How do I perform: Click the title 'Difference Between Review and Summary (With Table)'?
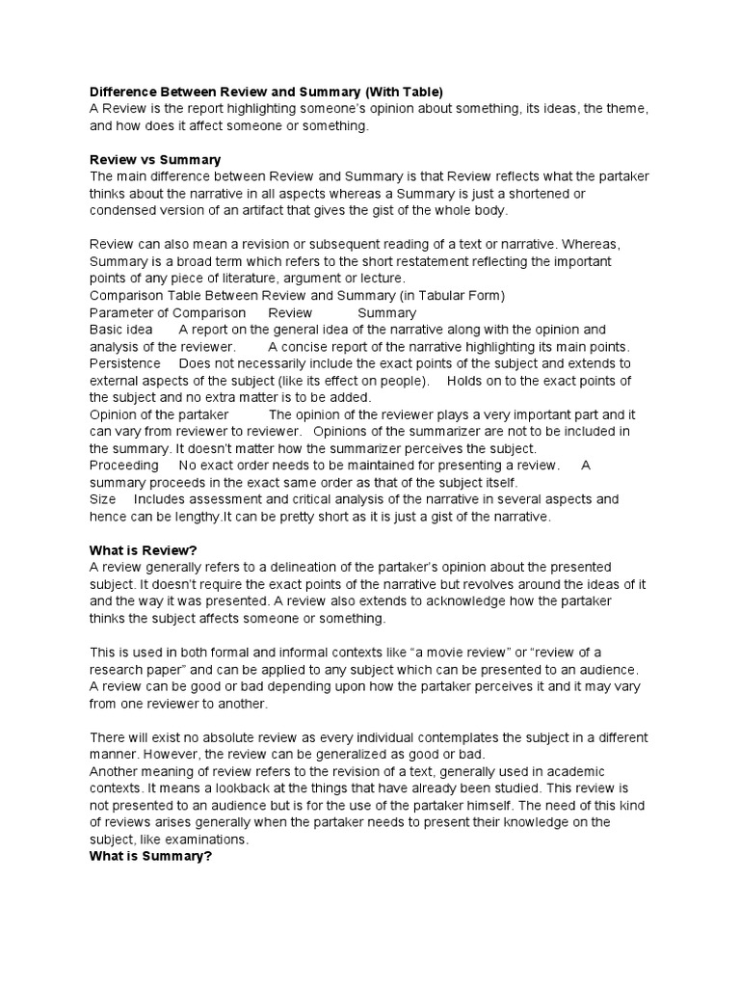pyautogui.click(x=266, y=93)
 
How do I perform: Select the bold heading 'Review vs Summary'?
pyautogui.click(x=154, y=159)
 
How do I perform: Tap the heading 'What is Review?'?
pyautogui.click(x=144, y=549)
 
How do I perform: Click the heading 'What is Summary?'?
pyautogui.click(x=149, y=857)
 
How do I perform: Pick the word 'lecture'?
pyautogui.click(x=381, y=279)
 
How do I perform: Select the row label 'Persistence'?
pyautogui.click(x=125, y=363)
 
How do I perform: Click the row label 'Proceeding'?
pyautogui.click(x=124, y=466)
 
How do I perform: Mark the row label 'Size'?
pyautogui.click(x=102, y=499)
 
